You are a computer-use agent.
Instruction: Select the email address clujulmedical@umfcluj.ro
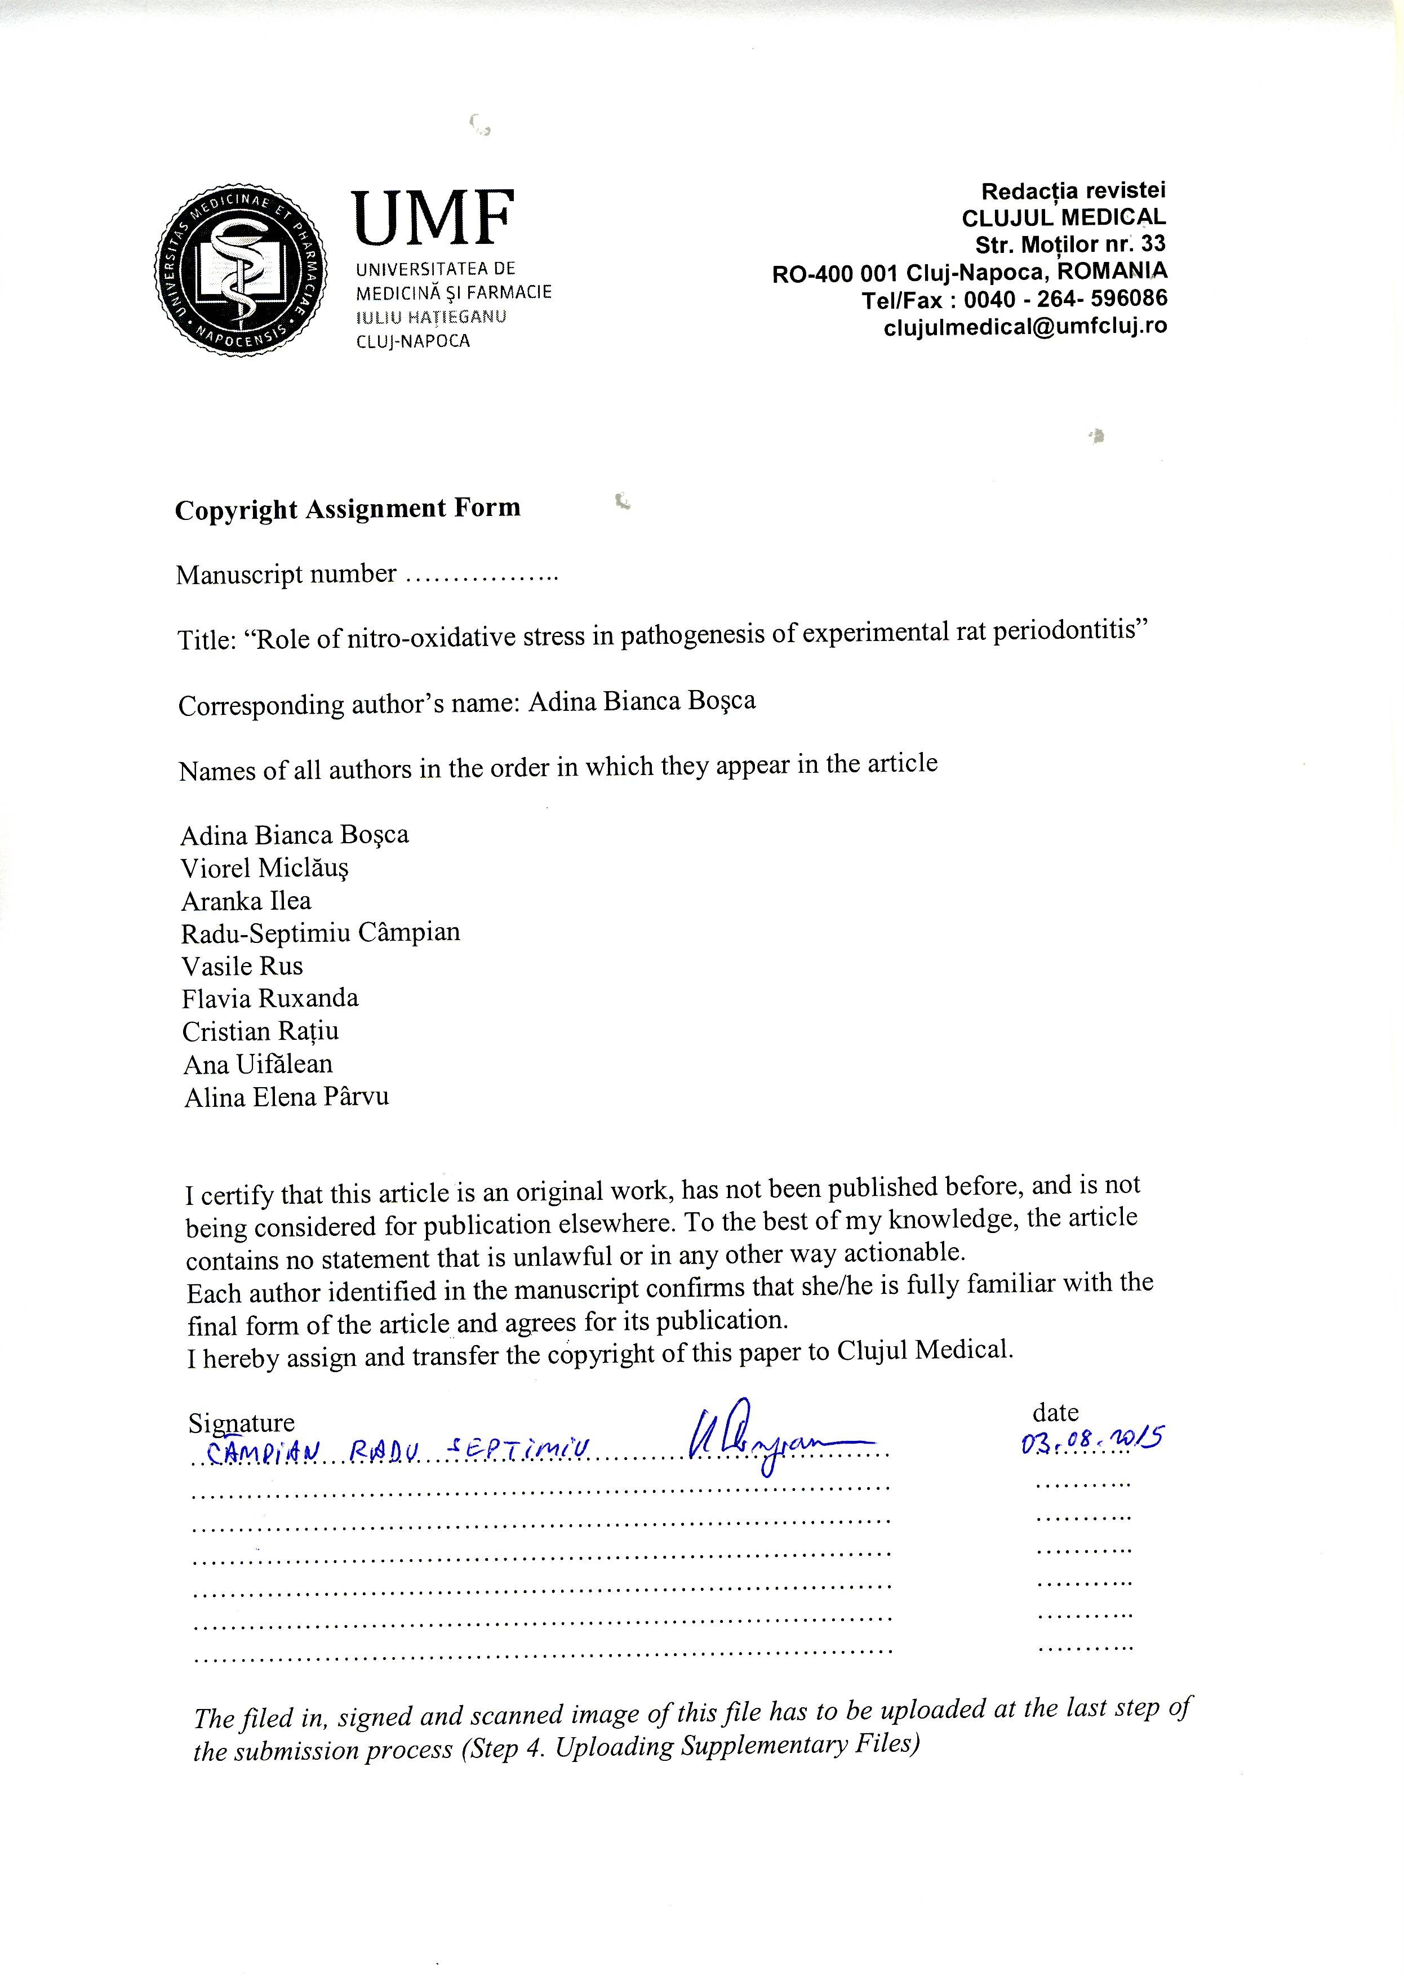(x=1025, y=327)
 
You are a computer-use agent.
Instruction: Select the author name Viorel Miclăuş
(x=265, y=868)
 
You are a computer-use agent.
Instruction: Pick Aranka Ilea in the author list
(x=246, y=901)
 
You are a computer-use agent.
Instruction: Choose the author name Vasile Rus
(x=242, y=965)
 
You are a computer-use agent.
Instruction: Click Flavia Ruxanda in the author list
(x=270, y=998)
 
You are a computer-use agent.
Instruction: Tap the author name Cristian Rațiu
(x=260, y=1031)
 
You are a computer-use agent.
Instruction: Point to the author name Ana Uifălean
(x=257, y=1064)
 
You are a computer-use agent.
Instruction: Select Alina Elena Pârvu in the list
(x=286, y=1097)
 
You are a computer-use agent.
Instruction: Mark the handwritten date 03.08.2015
(x=1092, y=1441)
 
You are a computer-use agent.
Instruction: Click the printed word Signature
(x=241, y=1422)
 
